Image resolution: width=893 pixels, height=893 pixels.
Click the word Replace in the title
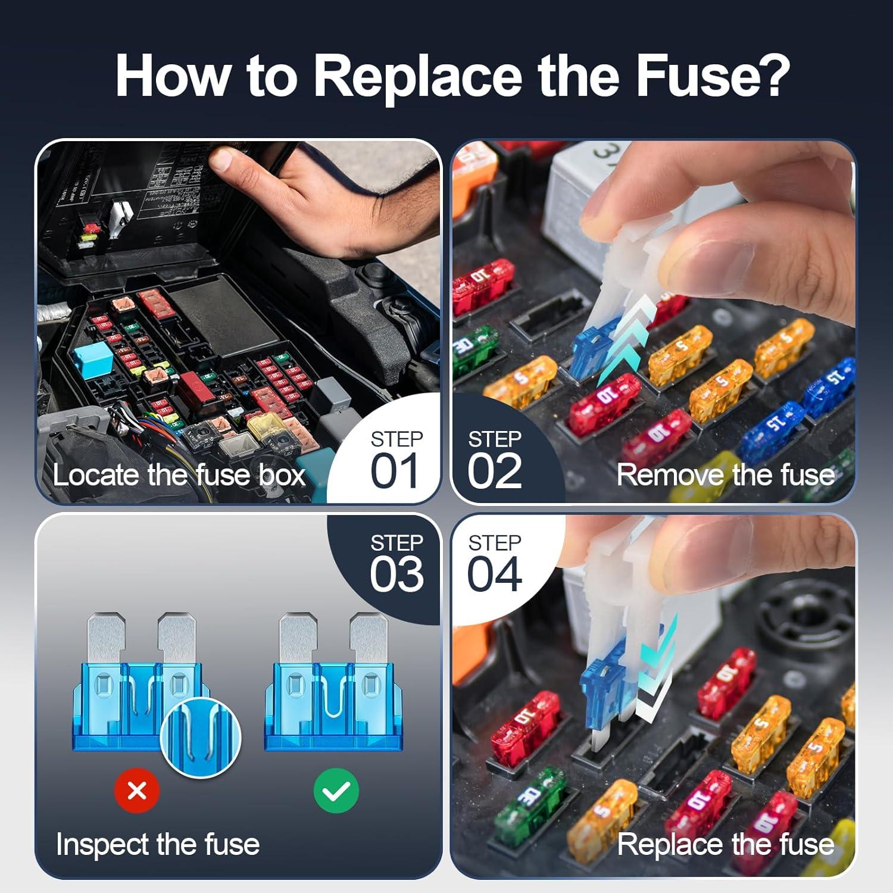(x=417, y=76)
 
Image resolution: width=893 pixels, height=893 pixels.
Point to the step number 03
(x=396, y=574)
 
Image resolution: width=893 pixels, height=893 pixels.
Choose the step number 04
(x=494, y=574)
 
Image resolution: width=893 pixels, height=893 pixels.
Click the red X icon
(x=137, y=791)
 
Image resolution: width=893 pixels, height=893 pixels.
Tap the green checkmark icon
(x=336, y=791)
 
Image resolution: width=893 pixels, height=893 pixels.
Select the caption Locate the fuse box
(x=179, y=475)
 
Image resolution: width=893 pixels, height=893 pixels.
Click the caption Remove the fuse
(x=725, y=475)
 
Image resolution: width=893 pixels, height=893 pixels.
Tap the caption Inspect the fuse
(x=158, y=844)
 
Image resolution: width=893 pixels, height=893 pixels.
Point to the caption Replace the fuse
(x=725, y=844)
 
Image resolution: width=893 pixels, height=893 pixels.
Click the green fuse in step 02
(x=473, y=345)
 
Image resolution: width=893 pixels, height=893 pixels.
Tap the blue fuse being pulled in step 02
(x=592, y=351)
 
